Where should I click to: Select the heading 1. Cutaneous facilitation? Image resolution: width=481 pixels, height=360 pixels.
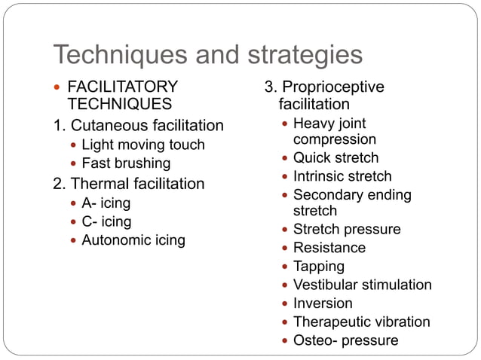(138, 125)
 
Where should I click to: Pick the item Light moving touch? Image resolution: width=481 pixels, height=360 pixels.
(143, 145)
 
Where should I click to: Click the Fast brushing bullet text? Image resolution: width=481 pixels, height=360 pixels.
(126, 163)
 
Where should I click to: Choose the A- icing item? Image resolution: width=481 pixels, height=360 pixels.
(106, 203)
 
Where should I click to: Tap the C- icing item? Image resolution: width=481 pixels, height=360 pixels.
(106, 222)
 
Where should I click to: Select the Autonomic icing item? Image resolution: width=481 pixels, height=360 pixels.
(133, 241)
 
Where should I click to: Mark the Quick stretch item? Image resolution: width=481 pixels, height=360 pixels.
(335, 158)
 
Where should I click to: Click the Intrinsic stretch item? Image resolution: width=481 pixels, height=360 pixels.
(342, 177)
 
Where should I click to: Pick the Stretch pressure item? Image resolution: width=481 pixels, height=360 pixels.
(347, 230)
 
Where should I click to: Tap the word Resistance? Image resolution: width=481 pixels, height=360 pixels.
(329, 248)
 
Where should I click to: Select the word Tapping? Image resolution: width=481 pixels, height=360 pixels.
(319, 267)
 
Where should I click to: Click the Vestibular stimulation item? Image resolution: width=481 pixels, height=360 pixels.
(363, 285)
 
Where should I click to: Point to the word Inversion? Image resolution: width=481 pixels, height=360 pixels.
(323, 304)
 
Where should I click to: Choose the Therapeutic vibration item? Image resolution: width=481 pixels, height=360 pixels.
(362, 322)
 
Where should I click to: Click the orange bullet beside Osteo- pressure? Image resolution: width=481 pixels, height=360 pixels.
(283, 341)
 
